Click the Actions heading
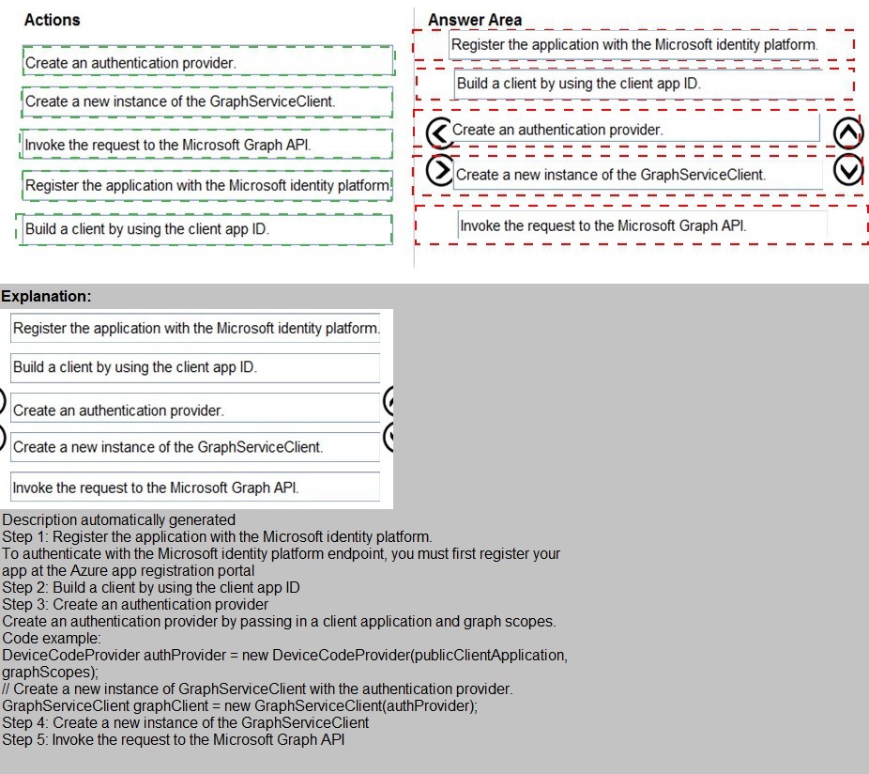pos(53,20)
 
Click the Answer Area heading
pos(475,20)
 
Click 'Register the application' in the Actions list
pos(206,185)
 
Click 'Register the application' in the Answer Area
pos(634,44)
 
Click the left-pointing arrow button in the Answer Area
pos(439,132)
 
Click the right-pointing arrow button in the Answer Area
pos(439,170)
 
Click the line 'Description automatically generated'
pos(119,519)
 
